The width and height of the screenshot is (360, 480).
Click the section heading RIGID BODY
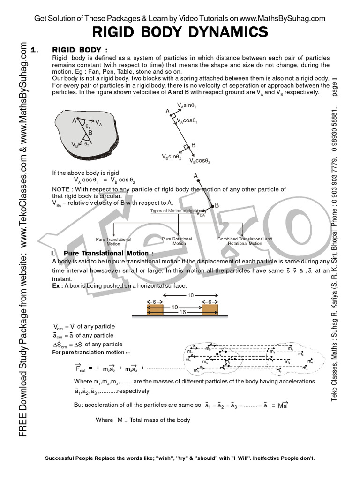coord(80,50)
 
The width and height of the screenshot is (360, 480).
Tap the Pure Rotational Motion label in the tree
coord(179,241)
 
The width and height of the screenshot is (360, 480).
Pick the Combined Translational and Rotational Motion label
coord(245,241)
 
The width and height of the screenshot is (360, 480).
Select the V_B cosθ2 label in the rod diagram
coord(200,161)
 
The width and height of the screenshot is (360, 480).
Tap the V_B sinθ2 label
coord(172,157)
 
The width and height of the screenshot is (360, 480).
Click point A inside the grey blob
coord(74,120)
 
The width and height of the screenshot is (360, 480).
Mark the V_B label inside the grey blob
coord(74,144)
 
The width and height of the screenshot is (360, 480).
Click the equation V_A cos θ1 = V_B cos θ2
coord(104,180)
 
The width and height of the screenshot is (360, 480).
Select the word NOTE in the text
coord(61,189)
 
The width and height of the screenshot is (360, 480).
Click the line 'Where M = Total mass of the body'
coord(142,420)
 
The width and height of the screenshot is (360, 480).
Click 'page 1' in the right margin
coord(334,86)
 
